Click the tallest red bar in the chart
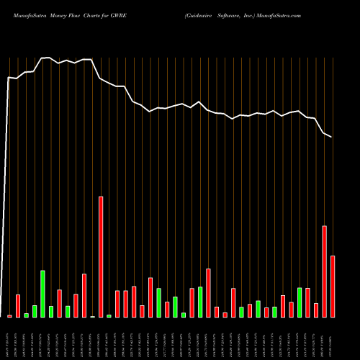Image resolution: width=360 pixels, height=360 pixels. [101, 256]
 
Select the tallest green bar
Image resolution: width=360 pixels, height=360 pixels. [42, 294]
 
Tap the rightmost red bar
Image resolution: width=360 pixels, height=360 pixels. [333, 286]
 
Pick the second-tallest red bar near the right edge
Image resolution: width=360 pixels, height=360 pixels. [324, 271]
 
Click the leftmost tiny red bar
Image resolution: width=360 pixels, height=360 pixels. [9, 316]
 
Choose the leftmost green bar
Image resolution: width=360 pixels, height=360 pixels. [26, 315]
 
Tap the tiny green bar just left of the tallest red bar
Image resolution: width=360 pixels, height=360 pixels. [92, 316]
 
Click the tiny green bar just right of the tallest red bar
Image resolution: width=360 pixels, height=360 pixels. [109, 315]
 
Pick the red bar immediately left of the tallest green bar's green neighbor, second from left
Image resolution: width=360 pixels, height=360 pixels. [18, 305]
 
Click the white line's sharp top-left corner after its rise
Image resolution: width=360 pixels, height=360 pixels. [9, 77]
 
